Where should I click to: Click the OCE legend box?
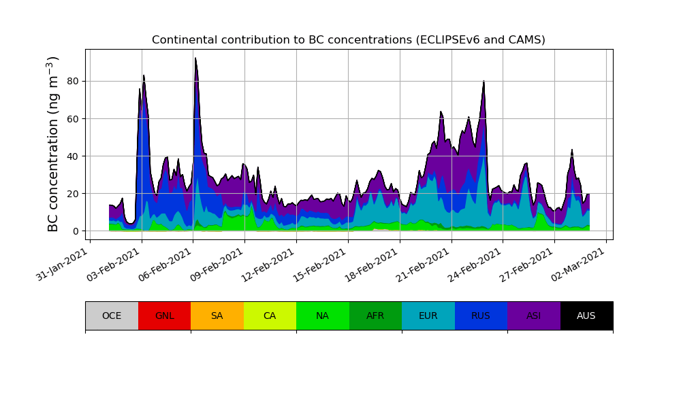tap(112, 316)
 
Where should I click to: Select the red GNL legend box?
tap(164, 316)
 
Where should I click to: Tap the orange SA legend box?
tap(217, 316)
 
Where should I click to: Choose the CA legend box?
tap(270, 316)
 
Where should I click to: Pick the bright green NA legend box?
tap(323, 316)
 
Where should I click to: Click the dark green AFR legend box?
tap(375, 316)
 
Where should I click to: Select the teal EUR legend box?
tap(428, 316)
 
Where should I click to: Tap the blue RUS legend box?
tap(481, 316)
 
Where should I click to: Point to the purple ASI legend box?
tap(534, 316)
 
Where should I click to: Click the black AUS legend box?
tap(586, 316)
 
